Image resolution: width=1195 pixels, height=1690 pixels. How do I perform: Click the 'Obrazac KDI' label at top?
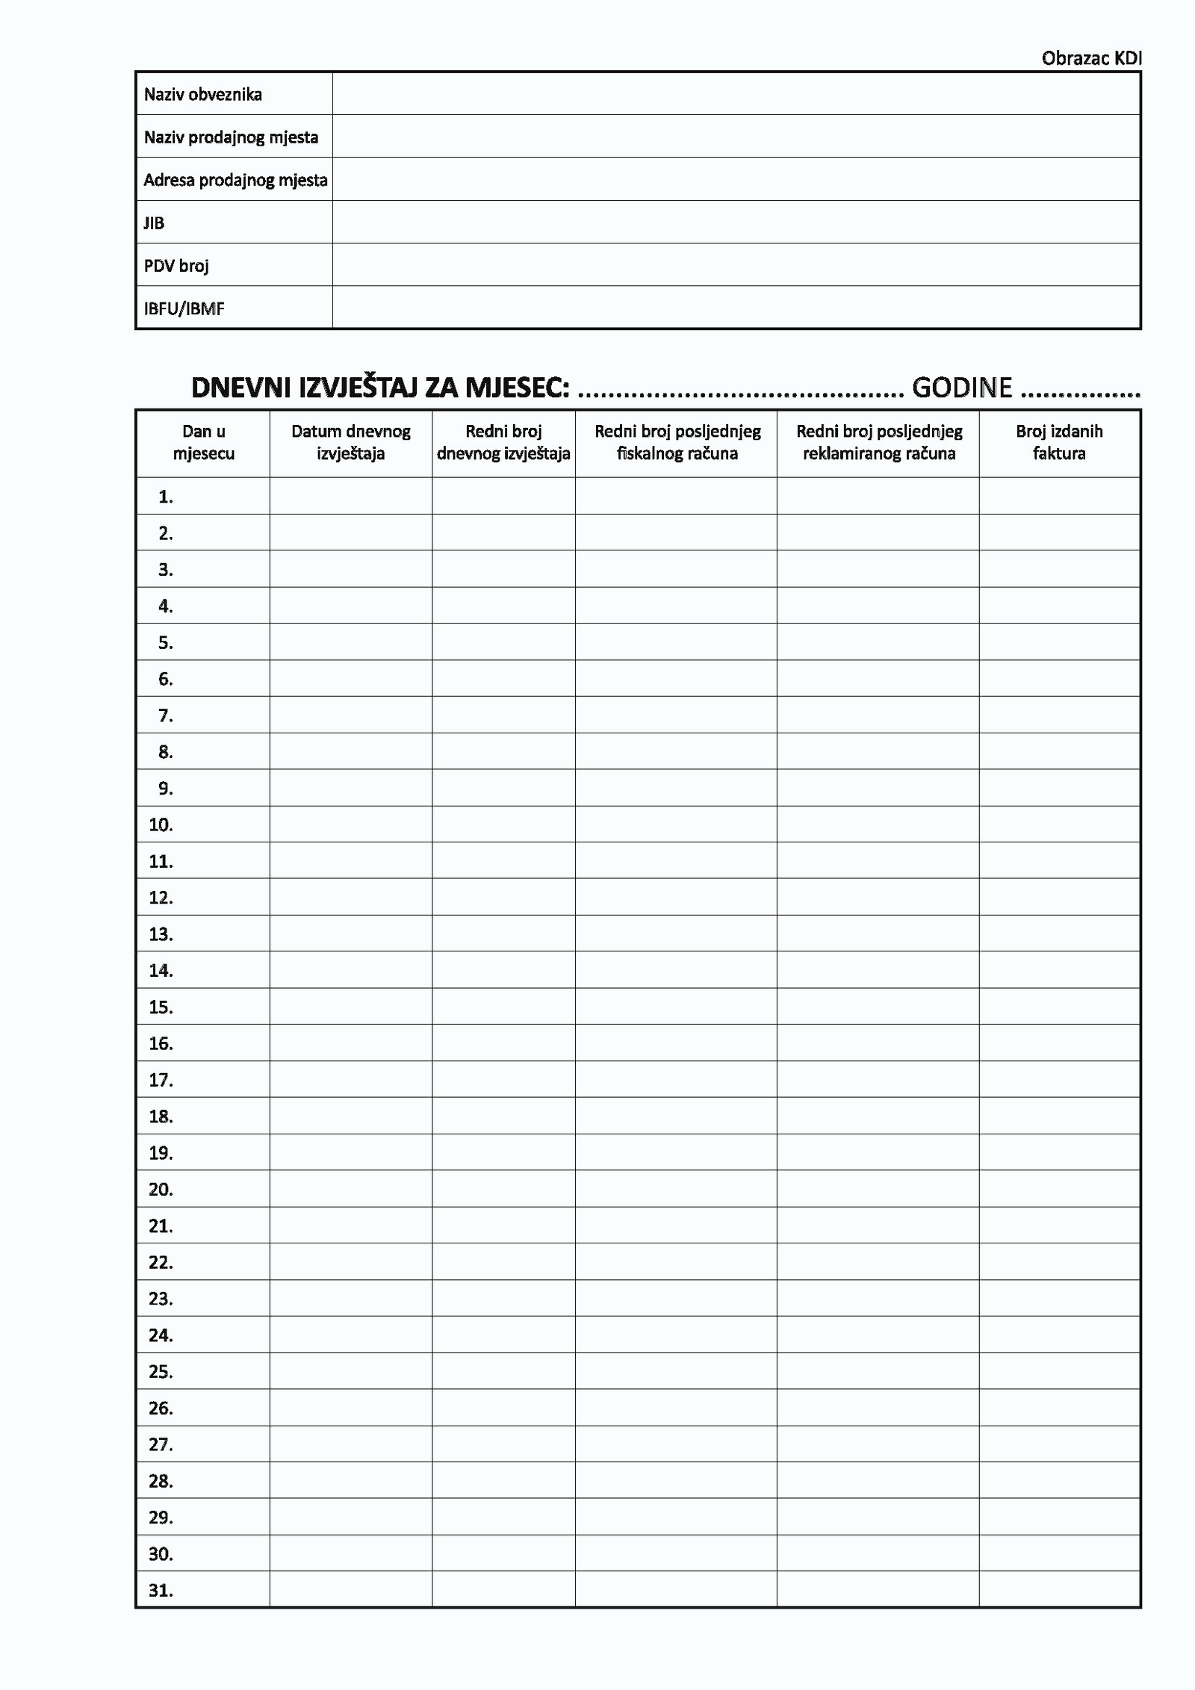[x=1091, y=58]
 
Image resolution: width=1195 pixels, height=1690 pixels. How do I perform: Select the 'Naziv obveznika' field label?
[x=202, y=94]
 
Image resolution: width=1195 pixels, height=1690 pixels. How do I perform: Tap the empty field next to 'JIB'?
[x=736, y=223]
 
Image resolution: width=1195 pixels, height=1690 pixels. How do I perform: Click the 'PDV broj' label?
[x=176, y=266]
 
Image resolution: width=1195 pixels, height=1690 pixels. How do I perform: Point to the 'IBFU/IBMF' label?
[x=184, y=308]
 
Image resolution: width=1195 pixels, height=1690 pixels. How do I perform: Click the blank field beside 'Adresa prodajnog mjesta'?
[x=736, y=179]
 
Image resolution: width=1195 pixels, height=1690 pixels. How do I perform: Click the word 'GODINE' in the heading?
[x=962, y=388]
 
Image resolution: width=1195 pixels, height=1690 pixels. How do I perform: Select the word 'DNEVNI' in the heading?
[x=240, y=388]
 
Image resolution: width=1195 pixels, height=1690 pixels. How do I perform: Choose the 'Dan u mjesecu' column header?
[x=203, y=442]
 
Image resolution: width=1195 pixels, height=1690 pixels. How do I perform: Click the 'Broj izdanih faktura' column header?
[x=1059, y=442]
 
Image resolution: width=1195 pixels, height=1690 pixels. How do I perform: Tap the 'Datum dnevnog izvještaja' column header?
[x=350, y=442]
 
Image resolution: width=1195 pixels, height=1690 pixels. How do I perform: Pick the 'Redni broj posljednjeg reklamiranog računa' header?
[x=878, y=442]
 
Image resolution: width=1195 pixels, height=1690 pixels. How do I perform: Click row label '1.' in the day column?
[x=166, y=497]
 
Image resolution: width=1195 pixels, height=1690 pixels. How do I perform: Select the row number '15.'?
[x=161, y=1007]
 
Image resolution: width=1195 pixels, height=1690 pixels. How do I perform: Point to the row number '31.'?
[x=161, y=1591]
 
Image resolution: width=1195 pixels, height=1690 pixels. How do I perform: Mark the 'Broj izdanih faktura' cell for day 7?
[x=1059, y=715]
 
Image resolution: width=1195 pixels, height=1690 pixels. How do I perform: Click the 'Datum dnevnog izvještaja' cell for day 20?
[x=350, y=1189]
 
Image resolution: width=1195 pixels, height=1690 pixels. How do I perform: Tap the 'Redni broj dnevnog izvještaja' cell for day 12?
[x=503, y=897]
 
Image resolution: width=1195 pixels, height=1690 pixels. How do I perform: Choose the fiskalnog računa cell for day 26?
[x=676, y=1408]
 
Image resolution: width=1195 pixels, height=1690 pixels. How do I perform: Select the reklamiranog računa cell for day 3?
[x=878, y=569]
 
